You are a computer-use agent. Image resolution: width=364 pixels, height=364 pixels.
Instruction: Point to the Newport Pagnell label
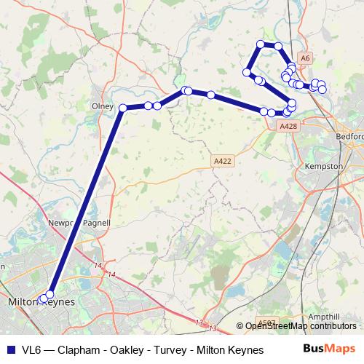coord(78,222)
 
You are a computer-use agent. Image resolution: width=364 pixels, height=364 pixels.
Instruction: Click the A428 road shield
coord(288,125)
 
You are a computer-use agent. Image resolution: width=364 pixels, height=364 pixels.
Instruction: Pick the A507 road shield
coord(267,321)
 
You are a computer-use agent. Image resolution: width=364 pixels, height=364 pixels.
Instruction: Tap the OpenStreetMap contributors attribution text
coord(301,326)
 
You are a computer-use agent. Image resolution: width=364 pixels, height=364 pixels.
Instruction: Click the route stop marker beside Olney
coord(123,108)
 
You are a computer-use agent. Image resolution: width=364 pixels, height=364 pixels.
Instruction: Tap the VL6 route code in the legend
coord(31,350)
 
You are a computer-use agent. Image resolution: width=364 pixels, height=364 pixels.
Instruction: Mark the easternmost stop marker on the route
coord(323,90)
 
